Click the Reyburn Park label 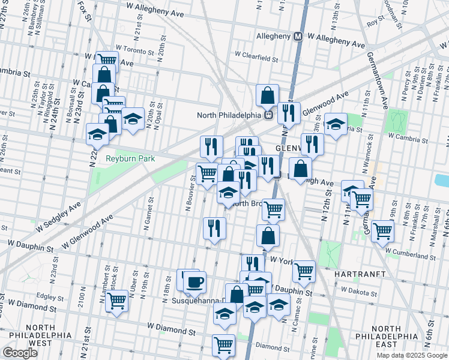point(130,158)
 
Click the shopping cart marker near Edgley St point(116,301)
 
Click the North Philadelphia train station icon point(270,115)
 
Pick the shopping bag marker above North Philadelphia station point(267,95)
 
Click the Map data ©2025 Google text point(411,355)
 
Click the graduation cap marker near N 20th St point(133,119)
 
